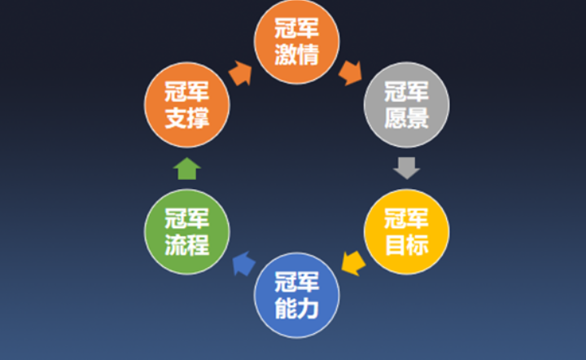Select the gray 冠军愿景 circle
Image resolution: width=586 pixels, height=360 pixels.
pos(405,105)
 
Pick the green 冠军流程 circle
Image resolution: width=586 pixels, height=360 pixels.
pos(187,231)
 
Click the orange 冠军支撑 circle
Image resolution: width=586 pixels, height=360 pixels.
pos(187,103)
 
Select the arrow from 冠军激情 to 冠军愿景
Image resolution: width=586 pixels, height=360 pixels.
pos(351,72)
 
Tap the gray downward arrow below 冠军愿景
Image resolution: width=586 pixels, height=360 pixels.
pos(405,168)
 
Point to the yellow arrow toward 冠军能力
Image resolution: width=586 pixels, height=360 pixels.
pos(352,262)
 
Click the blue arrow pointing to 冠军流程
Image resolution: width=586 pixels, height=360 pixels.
pos(243,263)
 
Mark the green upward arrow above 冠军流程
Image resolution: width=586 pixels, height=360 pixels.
pos(187,168)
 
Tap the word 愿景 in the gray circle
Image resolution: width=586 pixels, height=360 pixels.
pos(405,117)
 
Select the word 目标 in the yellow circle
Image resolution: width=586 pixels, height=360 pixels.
pos(405,244)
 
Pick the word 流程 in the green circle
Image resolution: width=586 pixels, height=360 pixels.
pos(187,244)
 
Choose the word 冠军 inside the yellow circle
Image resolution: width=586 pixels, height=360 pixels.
pos(405,219)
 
